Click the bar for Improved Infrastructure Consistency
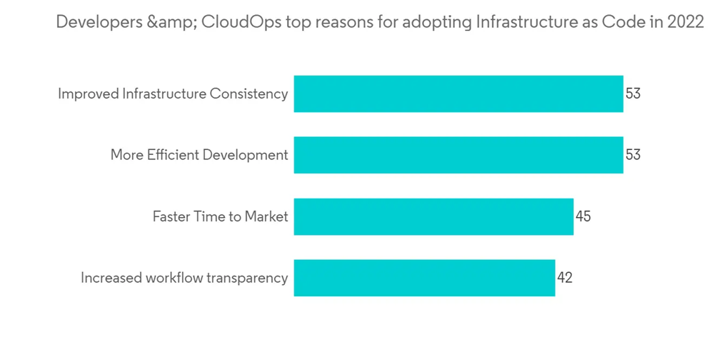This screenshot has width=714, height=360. pos(458,94)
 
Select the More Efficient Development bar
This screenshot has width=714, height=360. pos(458,154)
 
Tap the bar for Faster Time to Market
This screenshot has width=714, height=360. pos(433,216)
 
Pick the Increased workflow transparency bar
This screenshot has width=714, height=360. pos(424,278)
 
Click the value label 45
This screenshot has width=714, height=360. pos(583,216)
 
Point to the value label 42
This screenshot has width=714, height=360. pos(565,278)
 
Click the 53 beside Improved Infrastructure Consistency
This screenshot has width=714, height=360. pos(633,94)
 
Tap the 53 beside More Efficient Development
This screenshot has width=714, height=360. pos(633,154)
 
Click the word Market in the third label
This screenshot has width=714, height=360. pos(267,216)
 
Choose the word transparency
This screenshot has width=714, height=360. pos(247,279)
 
